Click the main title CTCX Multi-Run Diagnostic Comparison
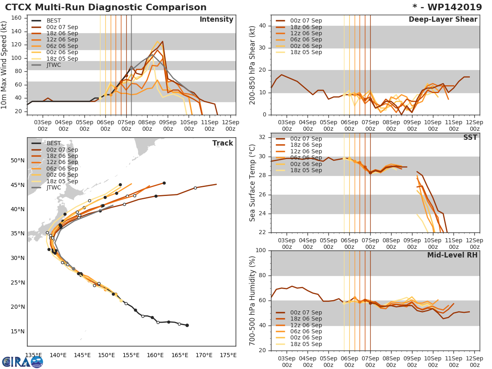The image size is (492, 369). tap(106, 7)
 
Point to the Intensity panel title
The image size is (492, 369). tap(216, 20)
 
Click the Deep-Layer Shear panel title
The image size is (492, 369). tap(443, 20)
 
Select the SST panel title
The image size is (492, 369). tap(470, 138)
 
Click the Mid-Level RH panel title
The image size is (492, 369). tap(452, 255)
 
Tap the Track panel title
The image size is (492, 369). tap(222, 143)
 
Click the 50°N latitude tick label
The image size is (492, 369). tap(18, 160)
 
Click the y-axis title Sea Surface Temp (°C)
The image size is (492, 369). tap(253, 182)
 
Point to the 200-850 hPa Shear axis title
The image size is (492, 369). tap(253, 65)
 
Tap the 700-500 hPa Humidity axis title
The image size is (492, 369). tap(253, 300)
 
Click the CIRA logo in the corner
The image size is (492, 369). tap(23, 362)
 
